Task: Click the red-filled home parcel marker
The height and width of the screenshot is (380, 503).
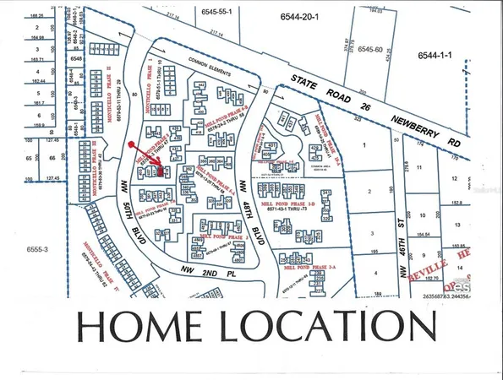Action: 161,171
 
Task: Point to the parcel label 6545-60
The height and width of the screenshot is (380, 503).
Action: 372,50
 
